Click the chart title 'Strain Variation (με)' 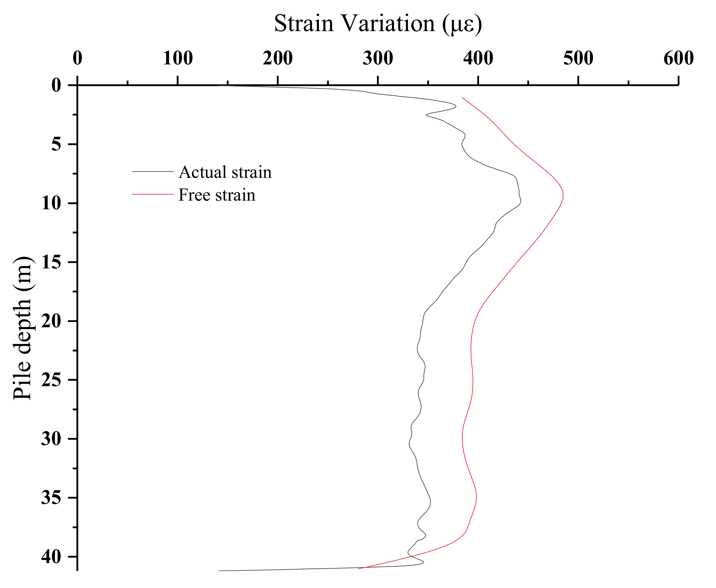[378, 24]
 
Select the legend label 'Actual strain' [225, 172]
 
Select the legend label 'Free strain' [217, 195]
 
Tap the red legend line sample [153, 194]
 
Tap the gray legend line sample [153, 172]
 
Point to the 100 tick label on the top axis [178, 58]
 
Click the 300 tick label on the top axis [378, 58]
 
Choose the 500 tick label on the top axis [578, 58]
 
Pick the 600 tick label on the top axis [678, 58]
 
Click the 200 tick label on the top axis [278, 58]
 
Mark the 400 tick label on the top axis [478, 58]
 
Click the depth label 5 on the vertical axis [56, 144]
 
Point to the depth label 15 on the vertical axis [51, 262]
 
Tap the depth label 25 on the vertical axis [51, 380]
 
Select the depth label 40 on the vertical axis [51, 557]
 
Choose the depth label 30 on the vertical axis [51, 439]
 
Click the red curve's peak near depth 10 [563, 195]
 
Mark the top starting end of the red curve [462, 98]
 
